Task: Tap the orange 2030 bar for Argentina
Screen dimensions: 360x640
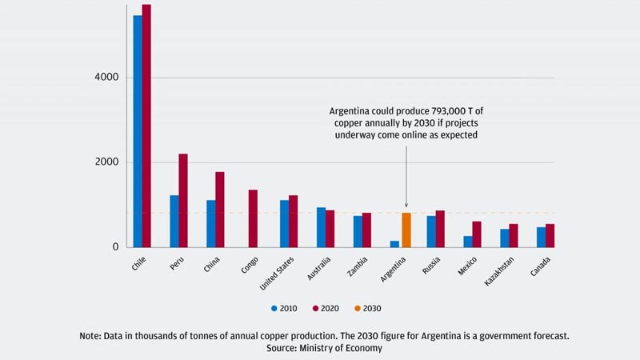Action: coord(406,230)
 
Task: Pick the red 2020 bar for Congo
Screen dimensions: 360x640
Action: coord(253,218)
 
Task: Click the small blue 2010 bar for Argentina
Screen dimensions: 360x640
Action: coord(394,243)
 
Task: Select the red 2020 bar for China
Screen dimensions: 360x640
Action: coord(220,210)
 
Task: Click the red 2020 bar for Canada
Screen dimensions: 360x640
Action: coord(550,235)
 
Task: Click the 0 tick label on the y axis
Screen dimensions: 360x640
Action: coord(114,247)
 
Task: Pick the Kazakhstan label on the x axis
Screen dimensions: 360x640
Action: coord(502,270)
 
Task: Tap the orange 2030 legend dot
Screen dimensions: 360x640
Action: coord(358,307)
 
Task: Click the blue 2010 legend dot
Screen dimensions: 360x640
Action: coord(274,307)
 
